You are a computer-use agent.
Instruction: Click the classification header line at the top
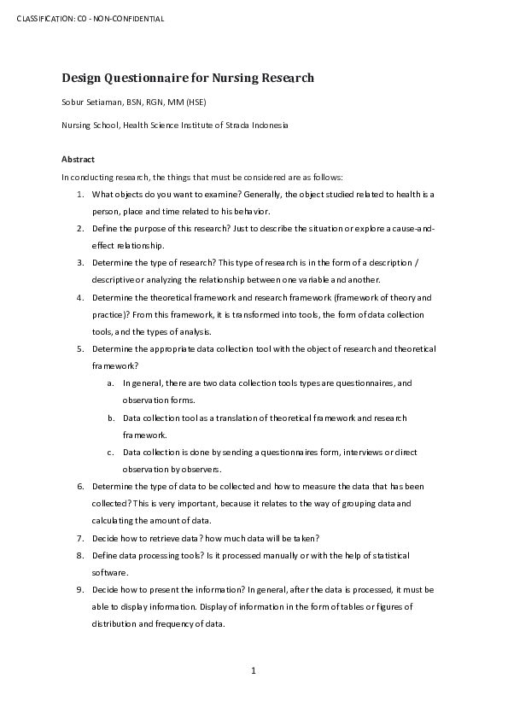coord(91,19)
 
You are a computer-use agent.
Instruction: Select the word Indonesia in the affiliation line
coord(268,125)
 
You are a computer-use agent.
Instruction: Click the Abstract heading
coord(78,159)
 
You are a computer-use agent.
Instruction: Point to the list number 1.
coord(79,194)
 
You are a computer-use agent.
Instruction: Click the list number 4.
coord(79,297)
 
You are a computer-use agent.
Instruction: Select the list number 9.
coord(79,589)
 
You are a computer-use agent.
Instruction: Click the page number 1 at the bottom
coord(254,670)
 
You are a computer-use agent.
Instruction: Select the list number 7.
coord(79,538)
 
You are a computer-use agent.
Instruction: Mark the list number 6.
coord(79,486)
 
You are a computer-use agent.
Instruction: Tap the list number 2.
coord(79,228)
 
